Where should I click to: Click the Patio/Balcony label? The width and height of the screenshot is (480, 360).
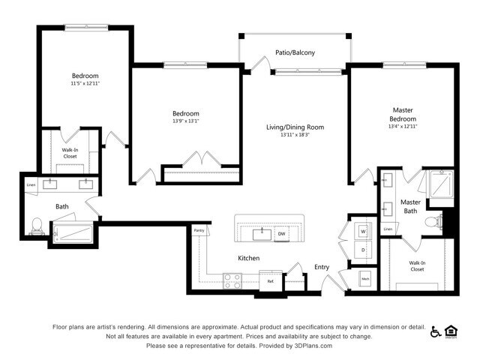[x=294, y=52]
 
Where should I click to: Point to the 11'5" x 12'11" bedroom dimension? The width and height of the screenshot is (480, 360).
[x=85, y=84]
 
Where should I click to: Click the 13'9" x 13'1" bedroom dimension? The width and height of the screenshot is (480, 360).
[x=186, y=121]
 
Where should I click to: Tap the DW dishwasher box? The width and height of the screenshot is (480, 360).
[x=282, y=234]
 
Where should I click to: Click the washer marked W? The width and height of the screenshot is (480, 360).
[x=363, y=230]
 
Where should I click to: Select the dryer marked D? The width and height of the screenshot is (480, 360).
[x=363, y=249]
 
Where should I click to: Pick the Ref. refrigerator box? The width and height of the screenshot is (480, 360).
[x=271, y=281]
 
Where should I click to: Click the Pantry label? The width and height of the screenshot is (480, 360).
[x=199, y=230]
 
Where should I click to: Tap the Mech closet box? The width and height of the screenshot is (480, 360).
[x=365, y=278]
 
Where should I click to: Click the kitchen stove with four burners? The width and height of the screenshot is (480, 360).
[x=232, y=281]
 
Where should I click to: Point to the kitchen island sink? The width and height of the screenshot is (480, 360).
[x=262, y=233]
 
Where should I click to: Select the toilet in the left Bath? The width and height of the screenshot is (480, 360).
[x=36, y=224]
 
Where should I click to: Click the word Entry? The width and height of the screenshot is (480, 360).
[x=321, y=267]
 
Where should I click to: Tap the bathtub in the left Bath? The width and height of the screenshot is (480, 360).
[x=71, y=232]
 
